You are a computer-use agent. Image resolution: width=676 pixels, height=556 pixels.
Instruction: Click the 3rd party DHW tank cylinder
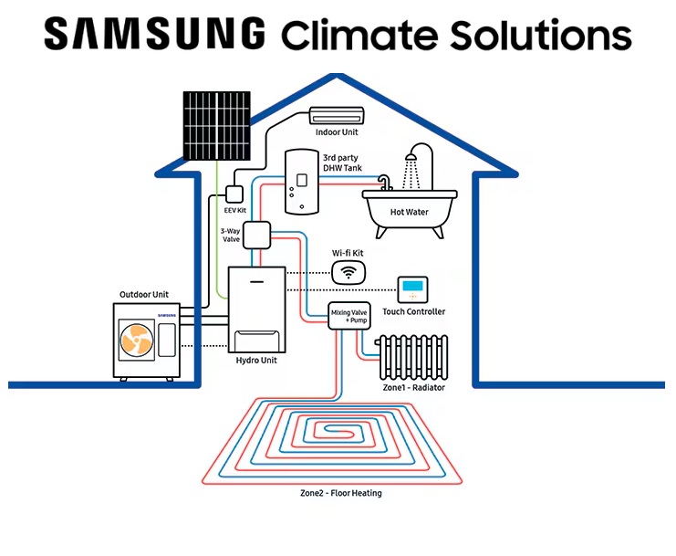[300, 181]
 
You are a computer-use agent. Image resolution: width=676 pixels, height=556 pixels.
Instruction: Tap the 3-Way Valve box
[256, 235]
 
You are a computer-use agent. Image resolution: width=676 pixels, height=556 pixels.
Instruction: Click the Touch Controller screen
[413, 289]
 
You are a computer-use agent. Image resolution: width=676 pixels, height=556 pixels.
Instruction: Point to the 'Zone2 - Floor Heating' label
[340, 494]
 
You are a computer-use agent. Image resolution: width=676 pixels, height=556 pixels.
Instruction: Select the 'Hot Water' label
[410, 236]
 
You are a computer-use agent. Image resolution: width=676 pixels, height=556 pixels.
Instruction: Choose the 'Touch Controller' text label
[414, 312]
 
